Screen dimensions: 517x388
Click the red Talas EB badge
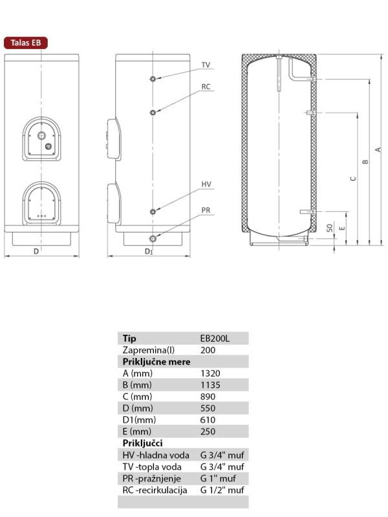click(26, 43)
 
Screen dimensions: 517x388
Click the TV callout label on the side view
click(206, 65)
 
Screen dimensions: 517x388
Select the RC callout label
click(206, 87)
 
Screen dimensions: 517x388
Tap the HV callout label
click(206, 185)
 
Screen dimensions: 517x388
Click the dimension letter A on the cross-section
click(378, 149)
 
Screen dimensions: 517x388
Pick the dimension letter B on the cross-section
click(365, 162)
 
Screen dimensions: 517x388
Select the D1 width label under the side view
click(149, 251)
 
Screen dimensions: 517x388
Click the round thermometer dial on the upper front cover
click(43, 136)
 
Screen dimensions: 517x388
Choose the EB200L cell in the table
click(215, 339)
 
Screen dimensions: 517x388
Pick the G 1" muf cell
click(218, 478)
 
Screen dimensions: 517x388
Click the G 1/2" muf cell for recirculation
click(222, 490)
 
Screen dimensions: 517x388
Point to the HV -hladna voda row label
click(156, 455)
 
